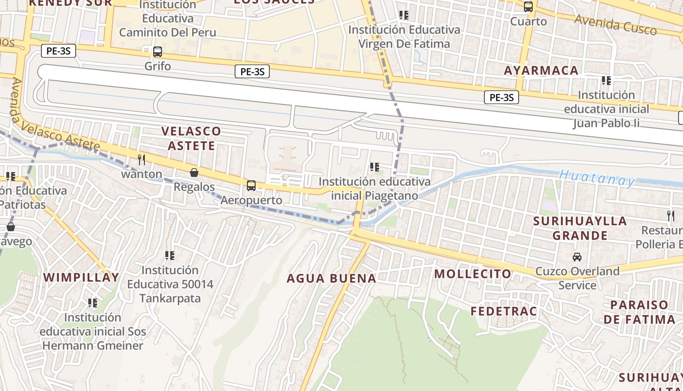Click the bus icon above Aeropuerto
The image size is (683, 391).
coord(251,186)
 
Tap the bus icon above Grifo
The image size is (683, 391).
coord(158,51)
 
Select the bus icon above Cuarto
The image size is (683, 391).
coord(528,7)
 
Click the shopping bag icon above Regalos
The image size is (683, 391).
coord(194,173)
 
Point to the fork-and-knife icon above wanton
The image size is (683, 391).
coord(141,159)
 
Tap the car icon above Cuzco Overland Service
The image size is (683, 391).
coord(577,257)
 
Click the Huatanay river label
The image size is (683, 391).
coord(597,178)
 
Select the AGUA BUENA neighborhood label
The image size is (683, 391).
coord(331,279)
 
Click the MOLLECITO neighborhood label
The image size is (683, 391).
coord(473,274)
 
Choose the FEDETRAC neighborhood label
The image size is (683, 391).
coord(503,311)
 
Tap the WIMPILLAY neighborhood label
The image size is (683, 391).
coord(81,278)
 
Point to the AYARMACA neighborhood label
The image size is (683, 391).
coord(541,70)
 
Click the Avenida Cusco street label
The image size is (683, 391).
coord(616,24)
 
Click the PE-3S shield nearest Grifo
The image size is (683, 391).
coord(58,50)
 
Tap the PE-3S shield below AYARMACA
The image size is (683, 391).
coord(502,97)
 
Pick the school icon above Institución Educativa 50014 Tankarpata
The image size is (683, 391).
coord(170,255)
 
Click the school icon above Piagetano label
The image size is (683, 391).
coord(375,167)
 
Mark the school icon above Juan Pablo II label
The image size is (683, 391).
coord(606,80)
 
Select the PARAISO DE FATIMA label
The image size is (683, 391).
coord(643,312)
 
